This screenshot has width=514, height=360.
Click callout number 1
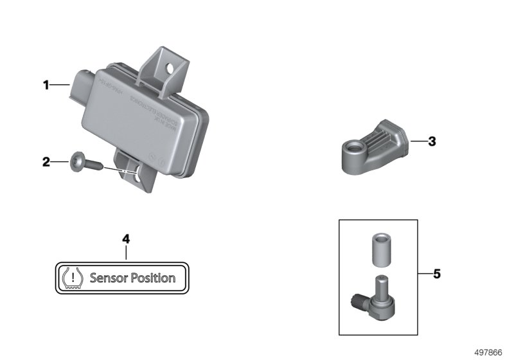pyautogui.click(x=46, y=85)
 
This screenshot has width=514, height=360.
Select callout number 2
pyautogui.click(x=46, y=163)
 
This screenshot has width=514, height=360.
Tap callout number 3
pyautogui.click(x=432, y=141)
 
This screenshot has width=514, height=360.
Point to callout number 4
pyautogui.click(x=126, y=239)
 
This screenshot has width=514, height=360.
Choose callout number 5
pyautogui.click(x=436, y=274)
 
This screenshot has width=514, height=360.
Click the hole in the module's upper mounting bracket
pyautogui.click(x=170, y=66)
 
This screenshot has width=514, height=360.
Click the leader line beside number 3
pyautogui.click(x=417, y=141)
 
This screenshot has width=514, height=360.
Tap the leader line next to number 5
pyautogui.click(x=424, y=274)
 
